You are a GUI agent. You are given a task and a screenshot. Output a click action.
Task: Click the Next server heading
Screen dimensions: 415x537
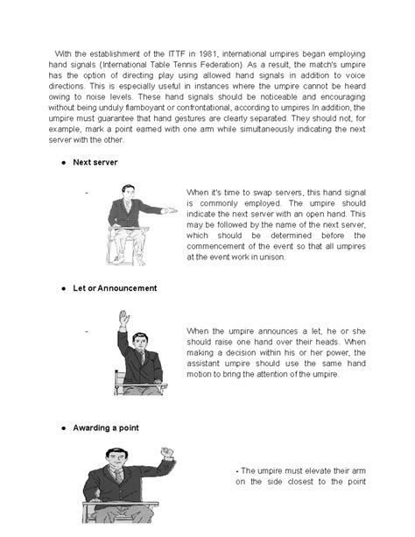(95, 163)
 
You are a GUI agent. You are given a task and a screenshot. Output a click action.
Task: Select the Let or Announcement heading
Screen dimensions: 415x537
(115, 287)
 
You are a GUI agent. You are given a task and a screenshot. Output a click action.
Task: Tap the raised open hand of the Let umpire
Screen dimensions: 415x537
(123, 316)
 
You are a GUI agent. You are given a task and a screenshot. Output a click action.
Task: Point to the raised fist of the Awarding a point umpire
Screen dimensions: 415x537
(167, 454)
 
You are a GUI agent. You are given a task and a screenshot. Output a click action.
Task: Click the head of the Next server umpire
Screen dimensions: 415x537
(127, 191)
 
